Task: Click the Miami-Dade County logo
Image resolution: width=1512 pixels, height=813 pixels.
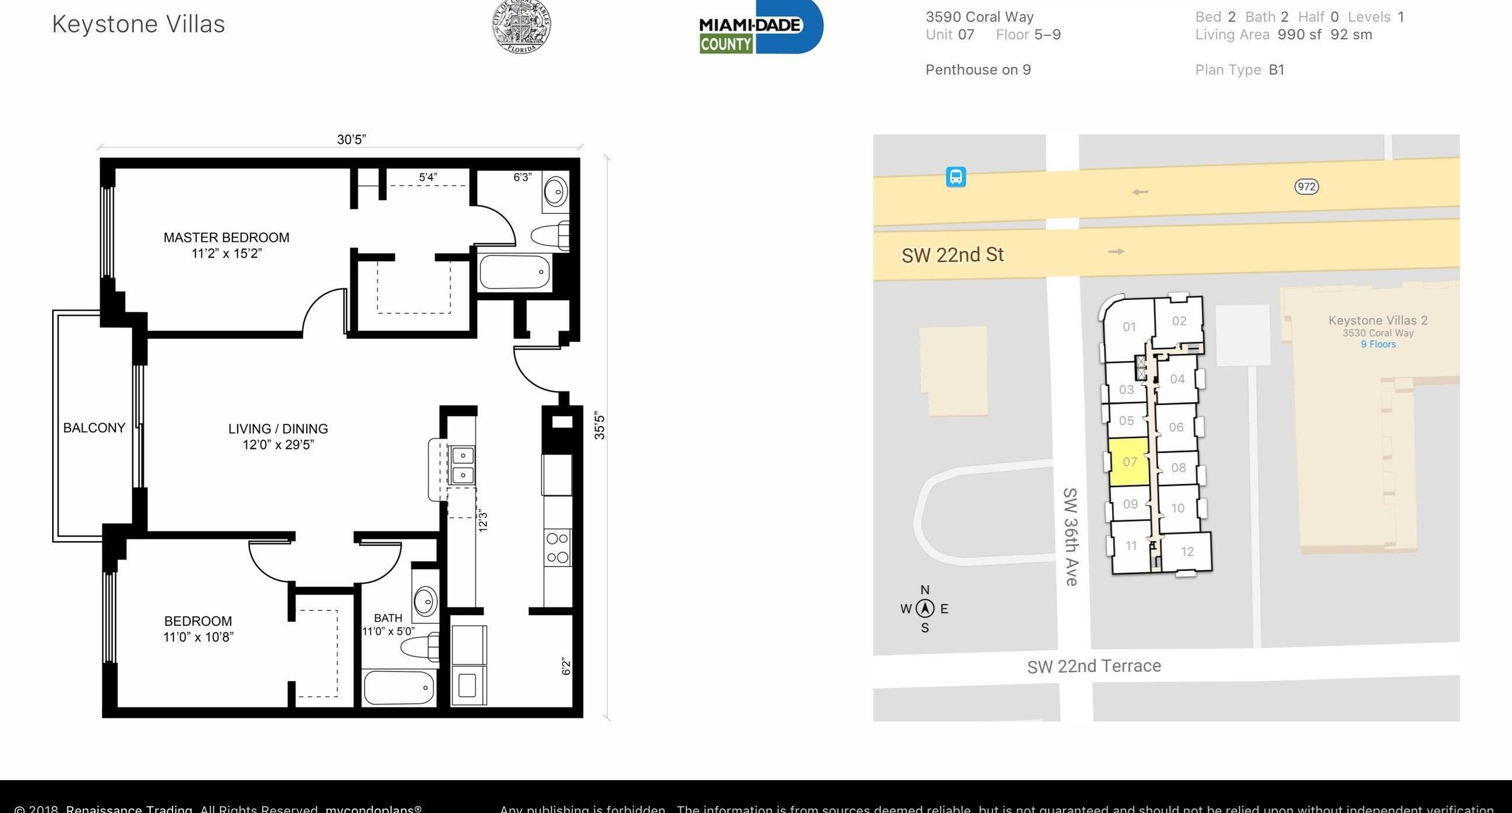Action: pos(760,27)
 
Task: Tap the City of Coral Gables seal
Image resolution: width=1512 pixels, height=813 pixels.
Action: pos(521,26)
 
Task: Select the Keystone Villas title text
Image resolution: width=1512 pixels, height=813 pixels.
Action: pos(138,25)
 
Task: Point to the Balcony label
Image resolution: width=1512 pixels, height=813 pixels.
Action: pos(94,428)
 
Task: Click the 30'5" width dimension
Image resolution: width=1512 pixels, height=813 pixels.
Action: pos(351,139)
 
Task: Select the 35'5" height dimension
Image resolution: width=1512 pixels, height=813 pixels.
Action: pos(599,426)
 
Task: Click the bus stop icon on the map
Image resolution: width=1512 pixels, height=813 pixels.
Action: pos(955,177)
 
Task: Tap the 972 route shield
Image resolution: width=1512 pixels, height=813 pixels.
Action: pos(1306,187)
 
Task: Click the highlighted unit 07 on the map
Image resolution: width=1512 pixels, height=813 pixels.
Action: pos(1129,462)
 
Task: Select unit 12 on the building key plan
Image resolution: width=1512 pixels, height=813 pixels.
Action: pos(1187,552)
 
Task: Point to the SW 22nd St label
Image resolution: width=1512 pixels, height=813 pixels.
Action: pos(952,255)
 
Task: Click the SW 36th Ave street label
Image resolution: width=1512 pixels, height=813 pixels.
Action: pos(1070,537)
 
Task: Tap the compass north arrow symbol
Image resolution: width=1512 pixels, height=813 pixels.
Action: pos(925,608)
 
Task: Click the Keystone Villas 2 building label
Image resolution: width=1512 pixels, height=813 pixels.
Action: pos(1378,321)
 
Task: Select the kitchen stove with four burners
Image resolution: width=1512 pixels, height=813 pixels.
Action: pos(557,548)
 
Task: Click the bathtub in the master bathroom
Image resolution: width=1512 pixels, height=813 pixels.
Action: pos(515,272)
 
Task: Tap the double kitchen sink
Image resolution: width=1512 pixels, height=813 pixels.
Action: pos(463,465)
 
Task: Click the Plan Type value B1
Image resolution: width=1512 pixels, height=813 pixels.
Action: pos(1276,70)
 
